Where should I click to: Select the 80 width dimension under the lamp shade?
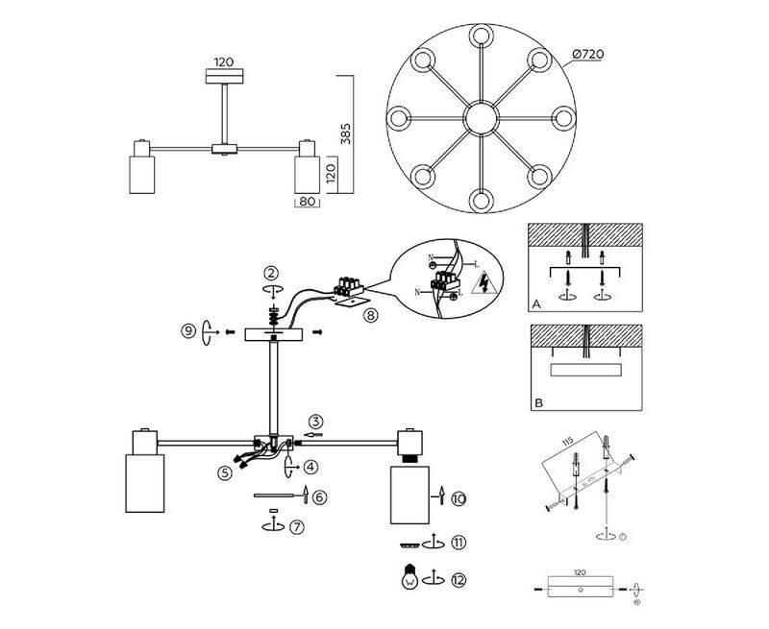pyautogui.click(x=308, y=203)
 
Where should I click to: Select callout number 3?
pyautogui.click(x=316, y=421)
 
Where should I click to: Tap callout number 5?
pyautogui.click(x=225, y=472)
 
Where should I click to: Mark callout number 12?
pyautogui.click(x=459, y=579)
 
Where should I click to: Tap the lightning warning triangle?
pyautogui.click(x=484, y=284)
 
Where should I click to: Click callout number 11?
pyautogui.click(x=459, y=543)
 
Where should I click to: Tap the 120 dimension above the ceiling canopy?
pyautogui.click(x=225, y=60)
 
